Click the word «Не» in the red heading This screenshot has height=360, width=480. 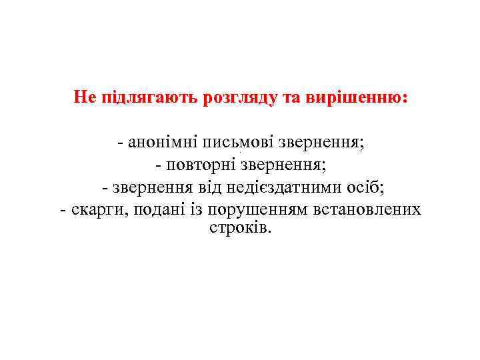85,97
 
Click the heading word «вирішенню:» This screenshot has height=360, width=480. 357,97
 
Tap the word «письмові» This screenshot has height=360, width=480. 241,142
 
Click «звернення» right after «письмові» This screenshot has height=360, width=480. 324,142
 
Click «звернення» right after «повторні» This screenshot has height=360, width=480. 283,164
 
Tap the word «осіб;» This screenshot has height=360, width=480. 374,187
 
